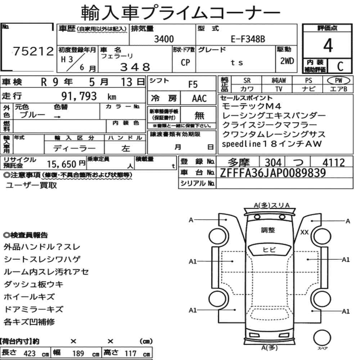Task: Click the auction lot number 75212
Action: [33, 51]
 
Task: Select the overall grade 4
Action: [328, 45]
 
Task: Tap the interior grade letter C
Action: [340, 66]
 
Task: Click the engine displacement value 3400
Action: [164, 39]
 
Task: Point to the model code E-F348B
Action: [248, 39]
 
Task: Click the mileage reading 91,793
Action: [79, 96]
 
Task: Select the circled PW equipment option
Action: [338, 80]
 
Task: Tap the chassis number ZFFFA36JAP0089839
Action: [273, 173]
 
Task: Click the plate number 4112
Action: [333, 163]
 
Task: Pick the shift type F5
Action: [193, 85]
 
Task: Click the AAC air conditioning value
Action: [199, 99]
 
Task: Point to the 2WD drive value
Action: [287, 61]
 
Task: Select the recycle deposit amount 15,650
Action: [62, 164]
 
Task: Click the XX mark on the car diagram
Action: [304, 232]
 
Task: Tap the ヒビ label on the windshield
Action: [269, 249]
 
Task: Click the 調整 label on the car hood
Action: [268, 230]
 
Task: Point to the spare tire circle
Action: [322, 338]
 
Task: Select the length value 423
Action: [30, 354]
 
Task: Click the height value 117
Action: [130, 354]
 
